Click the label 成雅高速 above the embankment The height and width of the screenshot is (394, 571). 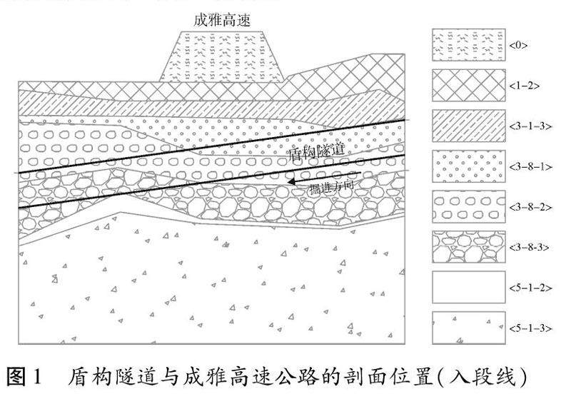coord(223,19)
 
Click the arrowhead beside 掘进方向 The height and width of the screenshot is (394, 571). coord(291,183)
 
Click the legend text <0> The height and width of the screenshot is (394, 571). coord(519,45)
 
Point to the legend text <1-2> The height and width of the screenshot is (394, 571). coord(525,86)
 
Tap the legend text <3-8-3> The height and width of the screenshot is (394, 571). coord(530,247)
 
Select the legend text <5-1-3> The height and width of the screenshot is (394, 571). coord(530,328)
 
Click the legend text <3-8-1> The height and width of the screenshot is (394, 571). coord(530,166)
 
